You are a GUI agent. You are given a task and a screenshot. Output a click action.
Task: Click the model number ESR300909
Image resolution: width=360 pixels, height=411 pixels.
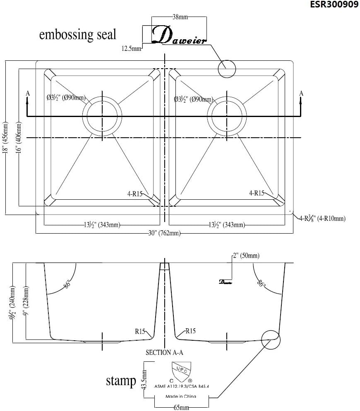point(334,5)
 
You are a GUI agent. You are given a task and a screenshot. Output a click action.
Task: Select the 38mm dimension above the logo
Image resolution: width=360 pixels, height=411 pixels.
point(180,17)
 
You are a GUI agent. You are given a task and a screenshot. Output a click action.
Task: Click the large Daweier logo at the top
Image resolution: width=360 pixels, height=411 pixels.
point(179,36)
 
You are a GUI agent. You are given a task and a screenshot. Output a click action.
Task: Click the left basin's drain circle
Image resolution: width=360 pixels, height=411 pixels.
point(103,115)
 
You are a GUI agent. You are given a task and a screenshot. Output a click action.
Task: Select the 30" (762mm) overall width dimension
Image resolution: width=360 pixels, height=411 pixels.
point(165,234)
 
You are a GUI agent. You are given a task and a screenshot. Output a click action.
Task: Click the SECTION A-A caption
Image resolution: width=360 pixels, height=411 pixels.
point(164,353)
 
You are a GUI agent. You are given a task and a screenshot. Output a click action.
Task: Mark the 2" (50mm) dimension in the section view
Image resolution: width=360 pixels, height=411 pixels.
point(246,256)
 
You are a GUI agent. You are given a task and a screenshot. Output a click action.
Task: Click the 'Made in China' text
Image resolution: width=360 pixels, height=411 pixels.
point(181,396)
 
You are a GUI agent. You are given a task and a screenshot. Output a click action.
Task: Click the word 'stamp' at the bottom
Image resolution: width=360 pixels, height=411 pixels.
point(121,380)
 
